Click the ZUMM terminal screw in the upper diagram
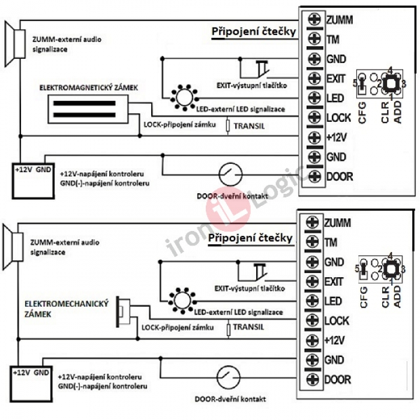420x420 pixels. (x=313, y=20)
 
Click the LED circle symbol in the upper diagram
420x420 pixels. (x=184, y=96)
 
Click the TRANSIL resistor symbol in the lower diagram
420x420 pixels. (x=228, y=329)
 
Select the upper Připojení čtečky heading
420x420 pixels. (x=254, y=32)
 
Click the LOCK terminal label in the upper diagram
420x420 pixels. (x=339, y=118)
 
